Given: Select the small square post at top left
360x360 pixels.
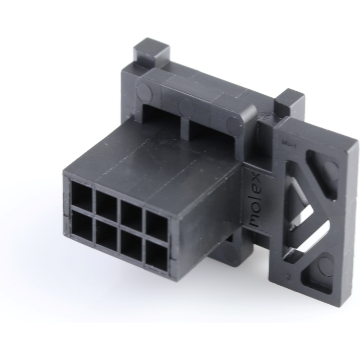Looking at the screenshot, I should point(151,51).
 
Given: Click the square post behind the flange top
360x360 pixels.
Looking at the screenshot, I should point(289,102).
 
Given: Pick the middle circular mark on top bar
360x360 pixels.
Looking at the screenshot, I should point(185,107).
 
